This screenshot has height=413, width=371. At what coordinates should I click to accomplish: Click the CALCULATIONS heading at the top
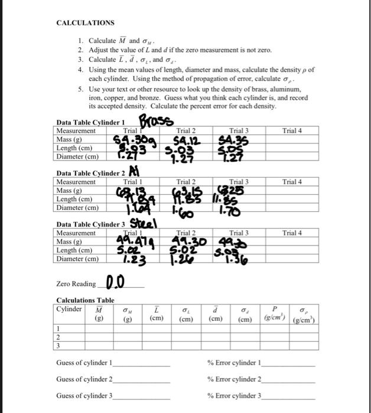click(x=85, y=22)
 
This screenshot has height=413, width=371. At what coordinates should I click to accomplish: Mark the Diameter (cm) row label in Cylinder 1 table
click(x=77, y=156)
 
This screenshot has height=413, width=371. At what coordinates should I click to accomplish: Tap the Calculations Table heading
click(x=85, y=300)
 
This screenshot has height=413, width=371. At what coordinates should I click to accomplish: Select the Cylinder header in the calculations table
click(x=69, y=309)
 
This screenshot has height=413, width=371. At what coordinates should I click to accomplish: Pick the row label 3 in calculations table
click(x=58, y=345)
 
